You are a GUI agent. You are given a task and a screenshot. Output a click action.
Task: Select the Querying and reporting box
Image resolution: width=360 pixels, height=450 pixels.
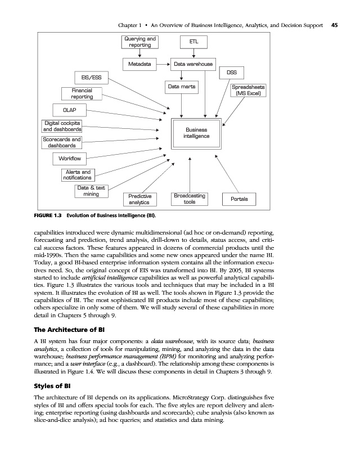(x=139, y=42)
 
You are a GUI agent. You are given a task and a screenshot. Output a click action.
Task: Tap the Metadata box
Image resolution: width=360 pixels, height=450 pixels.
(x=139, y=65)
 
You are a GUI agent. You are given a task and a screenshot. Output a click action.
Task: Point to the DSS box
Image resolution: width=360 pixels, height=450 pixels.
(x=231, y=73)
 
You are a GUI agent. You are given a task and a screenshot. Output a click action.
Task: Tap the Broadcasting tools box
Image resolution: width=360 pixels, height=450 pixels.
(x=190, y=199)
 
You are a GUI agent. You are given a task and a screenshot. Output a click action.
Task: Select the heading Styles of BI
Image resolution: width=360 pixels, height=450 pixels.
(x=51, y=386)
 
